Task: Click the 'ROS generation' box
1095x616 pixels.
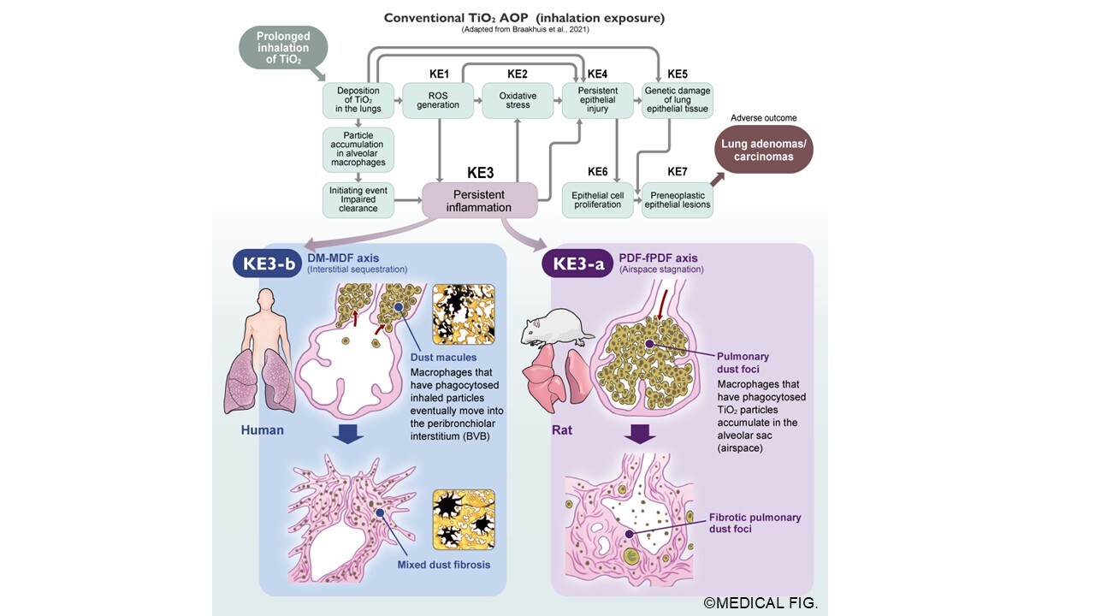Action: pos(438,100)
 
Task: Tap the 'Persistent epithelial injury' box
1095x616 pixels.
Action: pos(597,100)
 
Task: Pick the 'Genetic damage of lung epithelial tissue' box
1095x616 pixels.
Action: pos(677,100)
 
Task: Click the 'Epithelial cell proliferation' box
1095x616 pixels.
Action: pos(597,200)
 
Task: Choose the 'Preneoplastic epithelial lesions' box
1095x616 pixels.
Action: pos(677,200)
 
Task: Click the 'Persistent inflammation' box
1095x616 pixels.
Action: pos(480,201)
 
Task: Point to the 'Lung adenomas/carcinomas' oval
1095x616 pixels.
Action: pos(764,151)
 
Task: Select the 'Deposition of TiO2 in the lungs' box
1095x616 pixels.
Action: pos(358,100)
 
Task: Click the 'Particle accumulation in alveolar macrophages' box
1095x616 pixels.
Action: pos(358,150)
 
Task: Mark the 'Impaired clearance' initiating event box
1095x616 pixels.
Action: pos(358,200)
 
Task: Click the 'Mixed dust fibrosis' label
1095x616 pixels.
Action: pos(443,565)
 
